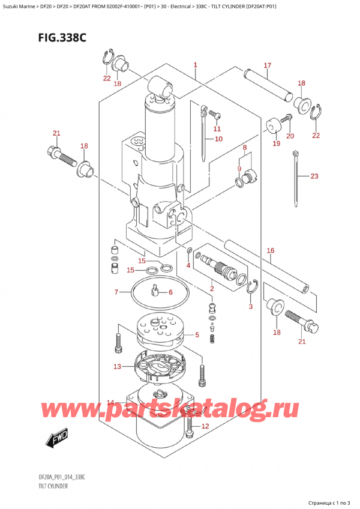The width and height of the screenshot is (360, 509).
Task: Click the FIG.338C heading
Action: point(62,38)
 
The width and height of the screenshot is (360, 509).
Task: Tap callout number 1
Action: point(195,65)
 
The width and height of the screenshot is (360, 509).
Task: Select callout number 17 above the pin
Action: point(267,65)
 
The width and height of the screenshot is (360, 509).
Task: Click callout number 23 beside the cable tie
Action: point(314,176)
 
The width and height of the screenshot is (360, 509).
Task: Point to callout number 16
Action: point(271,250)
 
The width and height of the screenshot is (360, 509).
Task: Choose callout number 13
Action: point(117,367)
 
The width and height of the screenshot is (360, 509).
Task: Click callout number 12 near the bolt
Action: point(205,426)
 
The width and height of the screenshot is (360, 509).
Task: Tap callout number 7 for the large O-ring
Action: point(116,292)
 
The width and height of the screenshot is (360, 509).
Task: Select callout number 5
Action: point(197,335)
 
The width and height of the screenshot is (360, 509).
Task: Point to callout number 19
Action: point(276,143)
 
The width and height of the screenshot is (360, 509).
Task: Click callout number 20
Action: point(290,136)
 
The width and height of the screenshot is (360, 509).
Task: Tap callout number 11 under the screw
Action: point(217,129)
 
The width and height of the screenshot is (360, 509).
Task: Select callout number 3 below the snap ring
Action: point(250,306)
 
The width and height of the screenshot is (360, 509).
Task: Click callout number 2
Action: point(212,289)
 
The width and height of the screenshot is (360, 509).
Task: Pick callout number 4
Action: point(188,266)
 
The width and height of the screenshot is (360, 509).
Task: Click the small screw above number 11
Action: point(215,114)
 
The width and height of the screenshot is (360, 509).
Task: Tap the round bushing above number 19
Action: point(272,125)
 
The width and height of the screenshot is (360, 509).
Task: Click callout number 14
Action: point(110,403)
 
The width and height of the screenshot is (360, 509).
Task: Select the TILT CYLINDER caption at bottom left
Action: point(52,486)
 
